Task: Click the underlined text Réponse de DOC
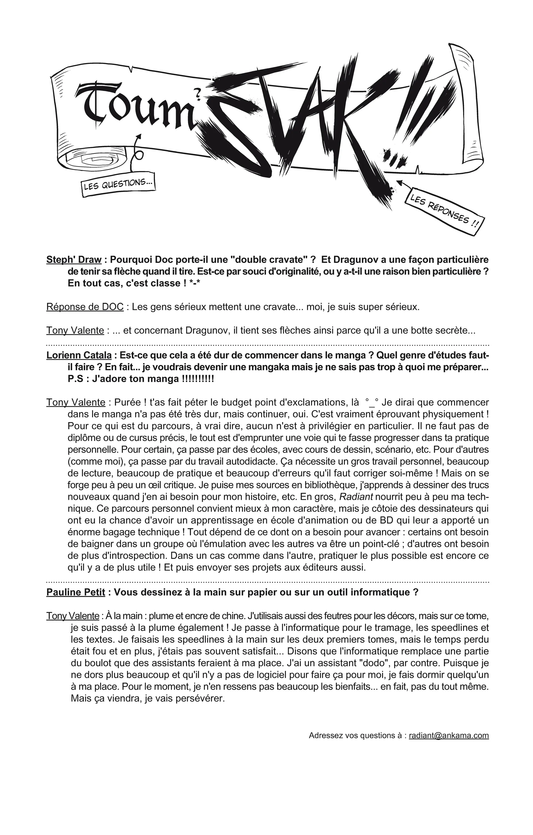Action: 85,307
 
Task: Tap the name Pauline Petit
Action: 76,592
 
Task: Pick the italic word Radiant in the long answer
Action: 356,497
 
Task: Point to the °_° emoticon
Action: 371,403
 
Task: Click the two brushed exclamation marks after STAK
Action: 423,114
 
